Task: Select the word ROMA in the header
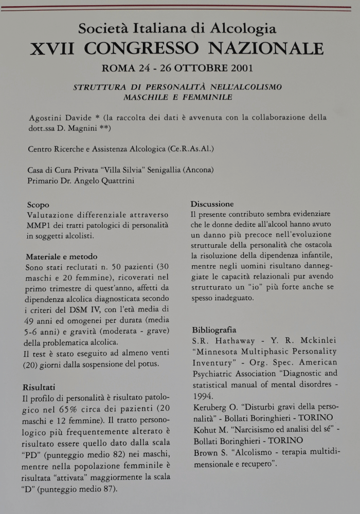pyautogui.click(x=118, y=68)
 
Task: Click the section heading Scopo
pyautogui.click(x=38, y=205)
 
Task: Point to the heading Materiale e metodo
pyautogui.click(x=62, y=256)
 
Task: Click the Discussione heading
pyautogui.click(x=212, y=204)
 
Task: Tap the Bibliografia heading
pyautogui.click(x=214, y=329)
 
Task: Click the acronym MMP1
pyautogui.click(x=38, y=226)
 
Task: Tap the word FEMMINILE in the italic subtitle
pyautogui.click(x=205, y=97)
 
